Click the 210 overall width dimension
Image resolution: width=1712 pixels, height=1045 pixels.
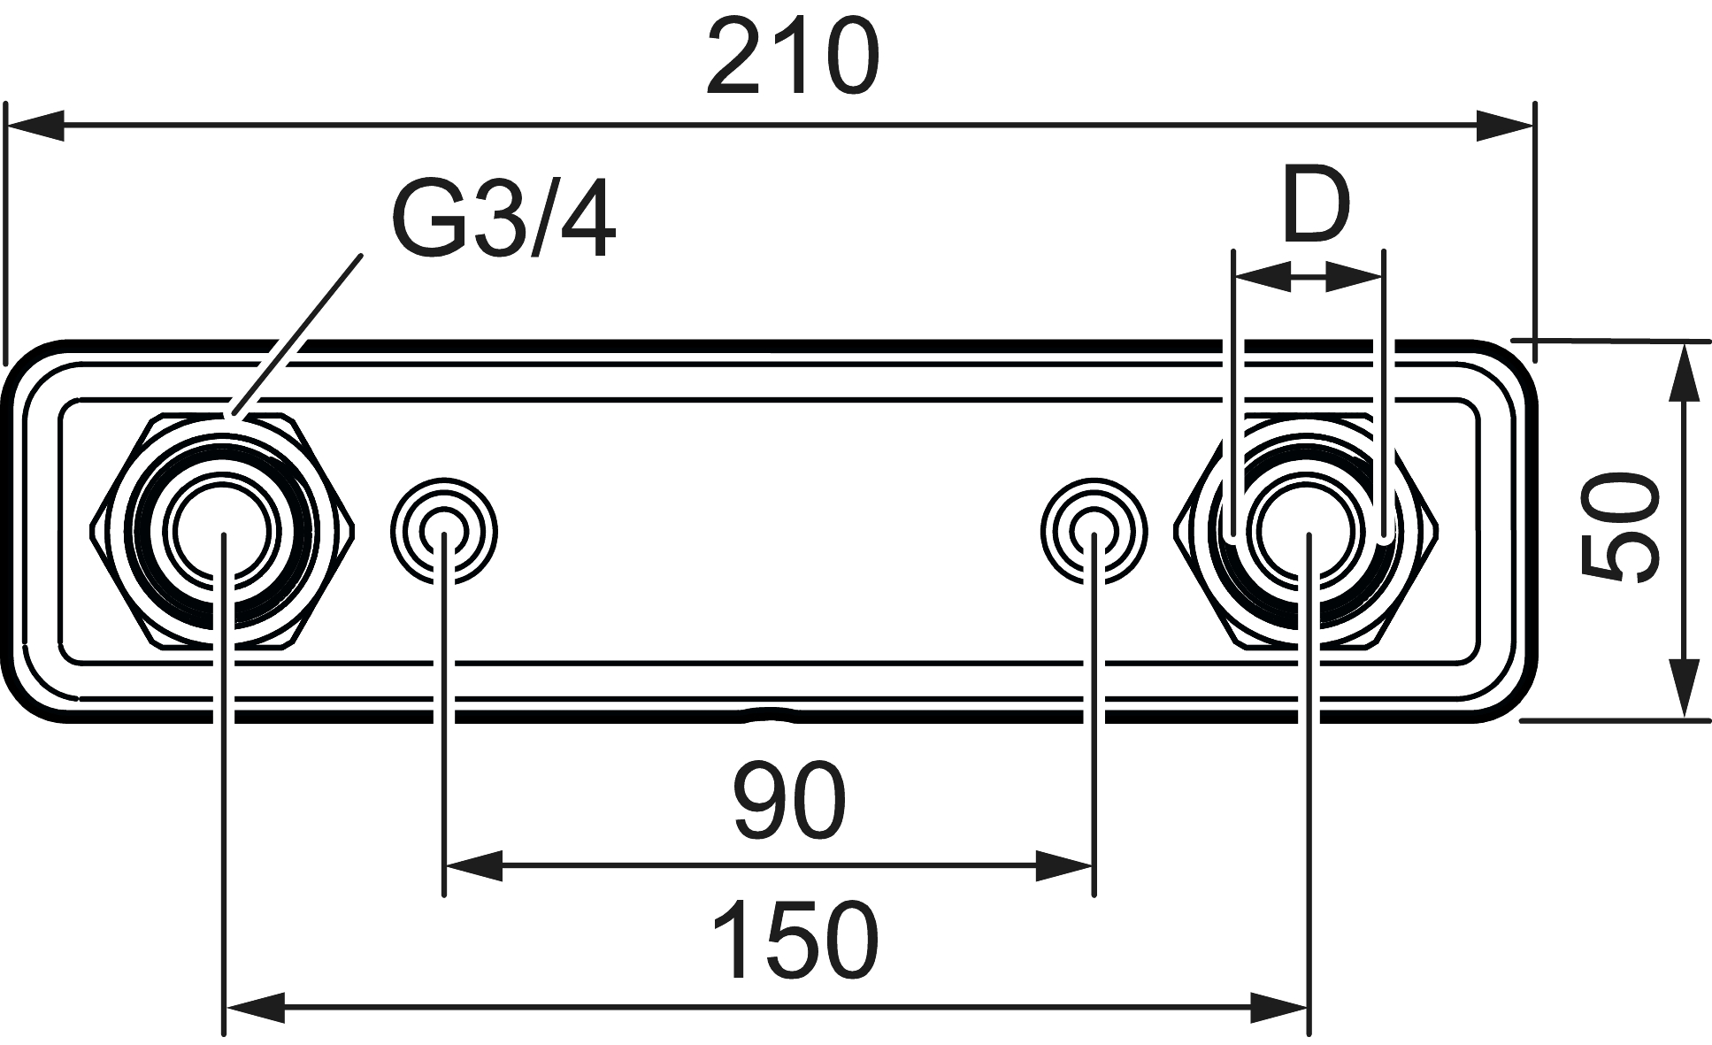coord(793,58)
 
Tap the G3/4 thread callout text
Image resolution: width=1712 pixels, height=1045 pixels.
coord(503,219)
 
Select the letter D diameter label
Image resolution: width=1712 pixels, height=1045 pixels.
coord(1316,208)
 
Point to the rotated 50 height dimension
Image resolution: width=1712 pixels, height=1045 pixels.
coord(1618,528)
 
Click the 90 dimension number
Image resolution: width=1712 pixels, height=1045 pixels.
coord(789,801)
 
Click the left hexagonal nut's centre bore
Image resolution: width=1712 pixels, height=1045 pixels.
coord(224,532)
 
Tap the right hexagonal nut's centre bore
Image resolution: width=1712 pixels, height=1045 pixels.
coord(1308,532)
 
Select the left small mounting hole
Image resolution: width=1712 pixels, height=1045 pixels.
coord(444,532)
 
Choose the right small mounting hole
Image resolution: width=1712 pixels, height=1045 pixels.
coord(1094,532)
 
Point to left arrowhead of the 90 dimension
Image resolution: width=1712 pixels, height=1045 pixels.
coord(473,866)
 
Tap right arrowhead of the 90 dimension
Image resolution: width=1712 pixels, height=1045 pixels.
coord(1065,866)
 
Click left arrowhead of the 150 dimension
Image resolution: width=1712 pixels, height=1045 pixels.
coord(256,1007)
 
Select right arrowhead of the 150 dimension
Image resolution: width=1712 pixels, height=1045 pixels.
coord(1278,1007)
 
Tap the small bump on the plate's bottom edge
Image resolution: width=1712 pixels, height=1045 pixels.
coord(768,713)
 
